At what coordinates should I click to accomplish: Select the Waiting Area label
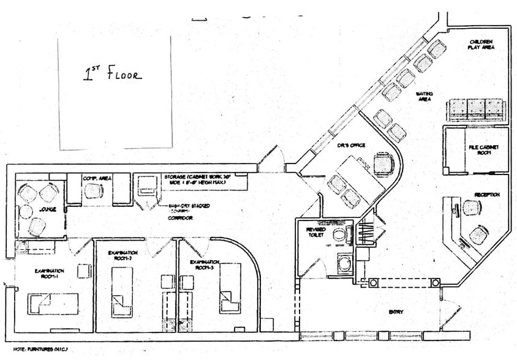click(425, 97)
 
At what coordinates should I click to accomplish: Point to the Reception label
click(486, 195)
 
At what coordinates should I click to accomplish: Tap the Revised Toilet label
click(316, 232)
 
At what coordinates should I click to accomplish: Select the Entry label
click(396, 312)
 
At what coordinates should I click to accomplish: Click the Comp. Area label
click(97, 178)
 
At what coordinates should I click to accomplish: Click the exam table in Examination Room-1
click(54, 303)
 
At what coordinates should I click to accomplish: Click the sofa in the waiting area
click(477, 110)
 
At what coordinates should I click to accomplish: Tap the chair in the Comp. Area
click(93, 191)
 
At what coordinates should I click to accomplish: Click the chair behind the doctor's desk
click(383, 163)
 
